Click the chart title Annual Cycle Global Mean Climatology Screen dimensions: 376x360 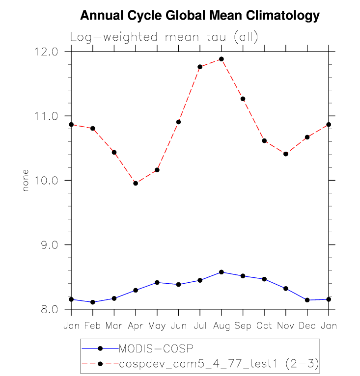pos(199,16)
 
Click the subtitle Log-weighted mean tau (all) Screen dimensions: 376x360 pos(164,37)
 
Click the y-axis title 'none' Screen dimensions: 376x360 pos(26,180)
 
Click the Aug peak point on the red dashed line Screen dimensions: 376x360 pos(222,59)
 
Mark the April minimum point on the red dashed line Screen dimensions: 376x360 pos(136,183)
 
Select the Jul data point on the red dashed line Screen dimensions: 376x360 pos(200,67)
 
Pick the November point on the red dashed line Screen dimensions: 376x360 pos(285,154)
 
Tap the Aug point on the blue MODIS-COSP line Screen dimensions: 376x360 pos(222,272)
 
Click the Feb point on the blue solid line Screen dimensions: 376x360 pos(93,302)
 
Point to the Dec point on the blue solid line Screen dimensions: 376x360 pos(307,300)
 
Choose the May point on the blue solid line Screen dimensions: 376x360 pos(157,282)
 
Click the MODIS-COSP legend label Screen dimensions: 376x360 pos(157,349)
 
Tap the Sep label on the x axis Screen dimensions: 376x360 pos(243,326)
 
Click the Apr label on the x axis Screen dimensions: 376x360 pos(136,326)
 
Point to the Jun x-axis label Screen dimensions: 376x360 pos(178,326)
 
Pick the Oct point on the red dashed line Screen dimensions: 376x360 pos(264,141)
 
